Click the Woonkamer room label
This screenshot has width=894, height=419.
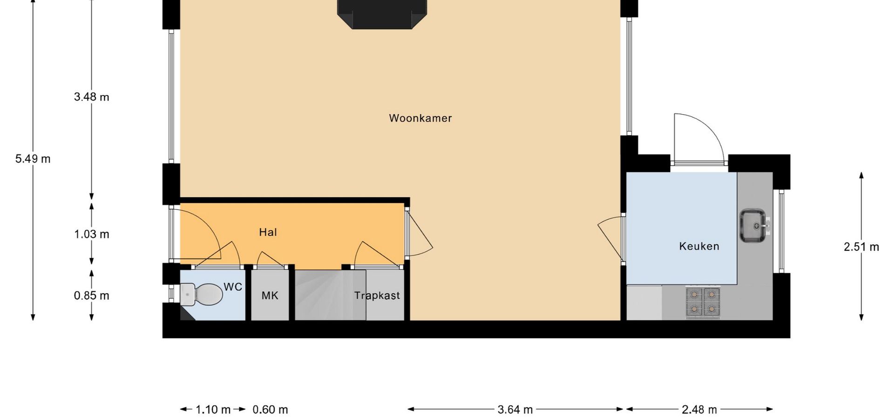(420, 118)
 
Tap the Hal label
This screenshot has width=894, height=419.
(268, 232)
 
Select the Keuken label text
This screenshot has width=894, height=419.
(699, 246)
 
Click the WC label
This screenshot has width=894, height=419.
(233, 287)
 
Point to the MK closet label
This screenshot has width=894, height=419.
(270, 295)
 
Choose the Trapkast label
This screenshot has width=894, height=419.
(377, 296)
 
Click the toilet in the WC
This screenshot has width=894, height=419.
(202, 294)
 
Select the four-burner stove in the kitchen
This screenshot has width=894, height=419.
(703, 303)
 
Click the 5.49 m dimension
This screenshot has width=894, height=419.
(33, 159)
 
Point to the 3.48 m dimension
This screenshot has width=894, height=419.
(91, 97)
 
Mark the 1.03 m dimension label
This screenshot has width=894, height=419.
(91, 234)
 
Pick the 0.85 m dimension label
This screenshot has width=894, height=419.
(91, 296)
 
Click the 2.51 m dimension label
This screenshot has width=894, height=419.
(861, 247)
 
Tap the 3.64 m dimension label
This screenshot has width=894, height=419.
(515, 410)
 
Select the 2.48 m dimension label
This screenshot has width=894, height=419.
(699, 410)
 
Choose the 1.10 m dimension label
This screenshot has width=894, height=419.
(213, 410)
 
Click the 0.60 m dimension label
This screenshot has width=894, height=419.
(270, 410)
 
